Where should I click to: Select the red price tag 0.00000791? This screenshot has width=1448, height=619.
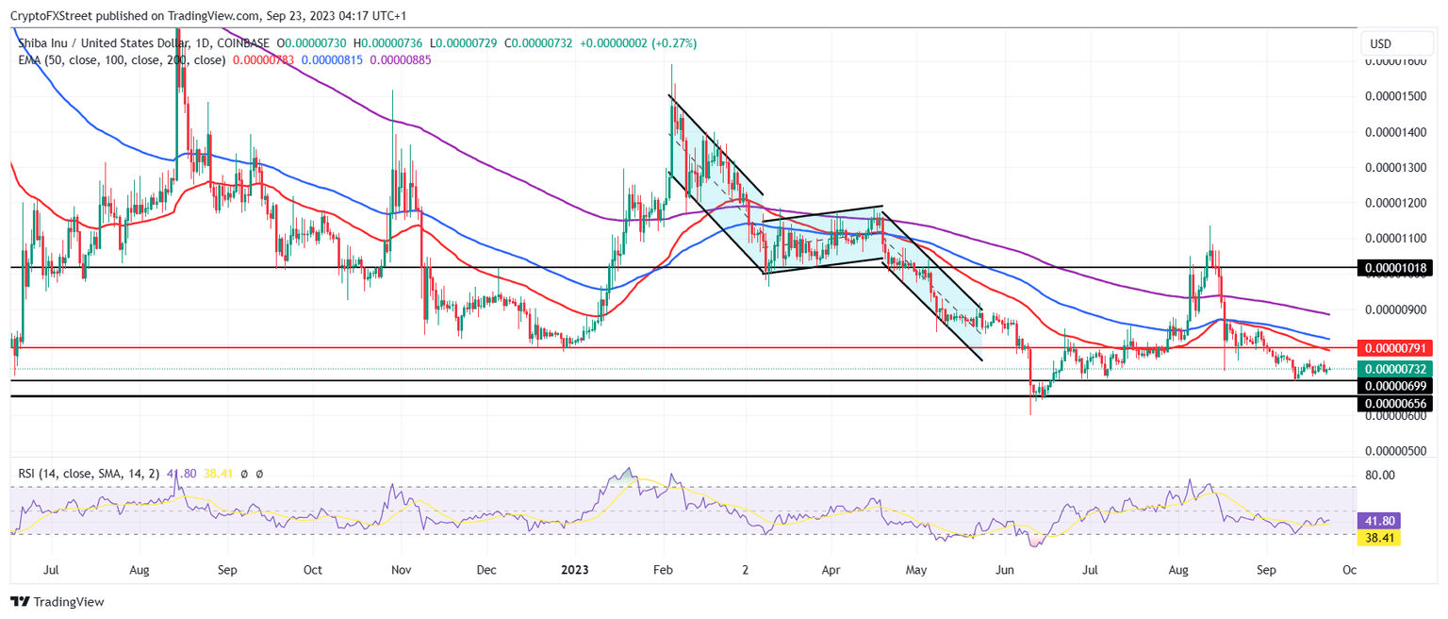coord(1394,347)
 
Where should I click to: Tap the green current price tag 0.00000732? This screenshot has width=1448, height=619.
coord(1394,369)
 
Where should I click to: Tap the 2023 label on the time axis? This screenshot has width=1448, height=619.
coord(575,570)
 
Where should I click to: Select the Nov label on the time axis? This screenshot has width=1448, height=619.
coord(401,570)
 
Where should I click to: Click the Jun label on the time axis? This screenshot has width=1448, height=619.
coord(1005,570)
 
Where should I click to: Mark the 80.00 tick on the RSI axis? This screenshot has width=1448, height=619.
coord(1381,475)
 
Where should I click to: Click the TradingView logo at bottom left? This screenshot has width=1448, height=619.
coord(58,601)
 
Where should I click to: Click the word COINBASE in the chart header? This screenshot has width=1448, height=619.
coord(243,43)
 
